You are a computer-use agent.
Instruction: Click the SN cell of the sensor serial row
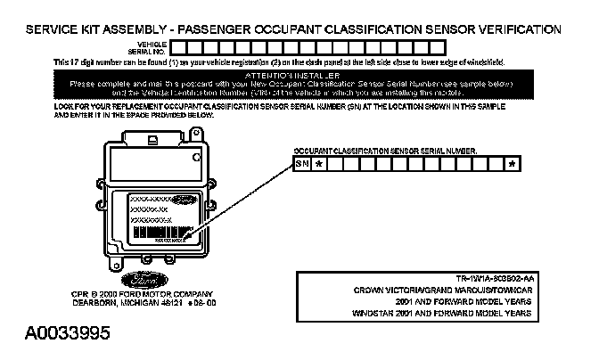301,164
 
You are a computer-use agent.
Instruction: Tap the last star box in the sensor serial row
511,164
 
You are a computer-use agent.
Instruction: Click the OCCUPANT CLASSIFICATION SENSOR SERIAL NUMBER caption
385,151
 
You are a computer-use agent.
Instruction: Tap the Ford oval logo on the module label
184,200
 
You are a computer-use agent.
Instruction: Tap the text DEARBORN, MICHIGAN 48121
115,302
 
